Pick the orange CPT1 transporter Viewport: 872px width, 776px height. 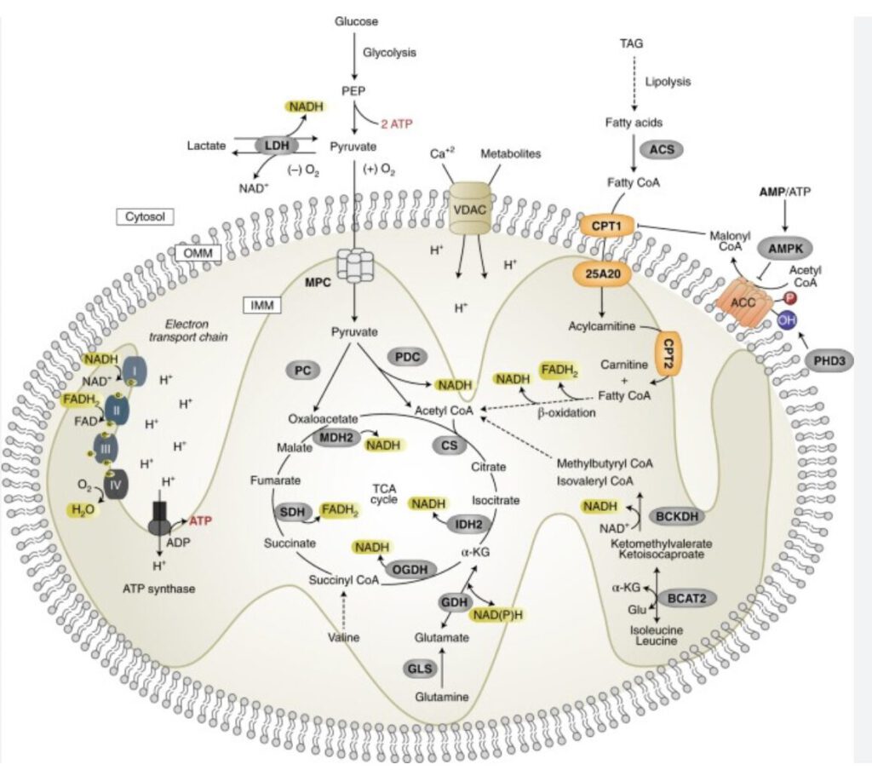point(603,225)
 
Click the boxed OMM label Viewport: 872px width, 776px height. point(197,253)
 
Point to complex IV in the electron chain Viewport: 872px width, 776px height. point(118,483)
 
